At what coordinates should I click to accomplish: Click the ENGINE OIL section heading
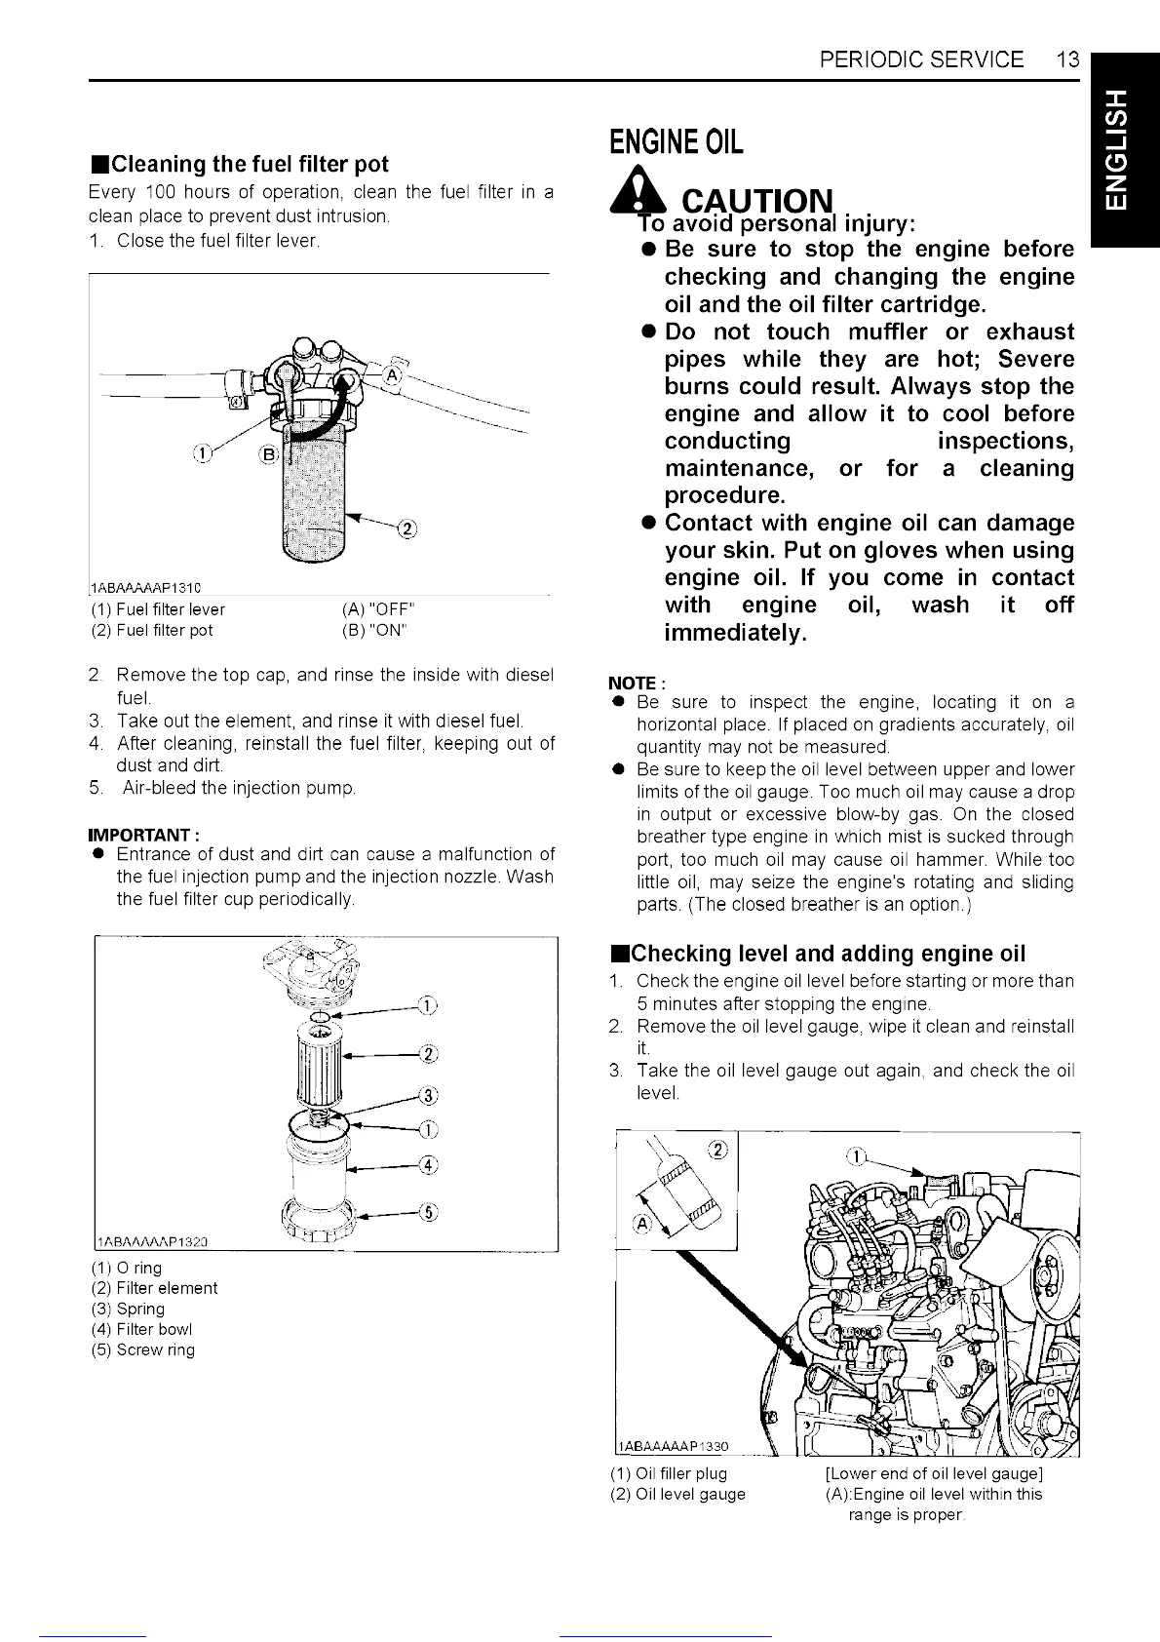[676, 142]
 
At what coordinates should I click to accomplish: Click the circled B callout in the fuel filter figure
[268, 454]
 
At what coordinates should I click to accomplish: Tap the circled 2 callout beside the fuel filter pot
[407, 529]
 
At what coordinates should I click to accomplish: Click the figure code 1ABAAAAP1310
[144, 587]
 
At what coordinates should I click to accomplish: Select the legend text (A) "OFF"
[379, 609]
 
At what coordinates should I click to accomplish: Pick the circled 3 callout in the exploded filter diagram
[428, 1093]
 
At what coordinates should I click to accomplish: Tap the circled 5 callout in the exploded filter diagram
[428, 1212]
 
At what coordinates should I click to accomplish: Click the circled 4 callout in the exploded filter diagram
[428, 1164]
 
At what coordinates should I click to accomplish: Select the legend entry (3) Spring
[128, 1309]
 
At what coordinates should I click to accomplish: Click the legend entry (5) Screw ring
[142, 1349]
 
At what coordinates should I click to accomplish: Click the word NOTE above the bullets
[631, 683]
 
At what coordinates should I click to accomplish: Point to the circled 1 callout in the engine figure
[855, 1156]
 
